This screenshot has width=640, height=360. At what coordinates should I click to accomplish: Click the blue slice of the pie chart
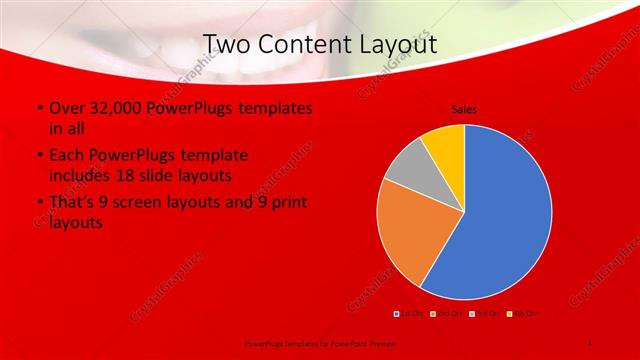[505, 215]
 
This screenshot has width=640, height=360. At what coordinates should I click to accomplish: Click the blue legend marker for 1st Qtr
[397, 314]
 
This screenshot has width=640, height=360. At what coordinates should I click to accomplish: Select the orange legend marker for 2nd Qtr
[432, 314]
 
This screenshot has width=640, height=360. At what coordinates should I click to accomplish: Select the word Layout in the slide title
[402, 44]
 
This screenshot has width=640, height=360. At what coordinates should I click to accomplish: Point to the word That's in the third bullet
[73, 203]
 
